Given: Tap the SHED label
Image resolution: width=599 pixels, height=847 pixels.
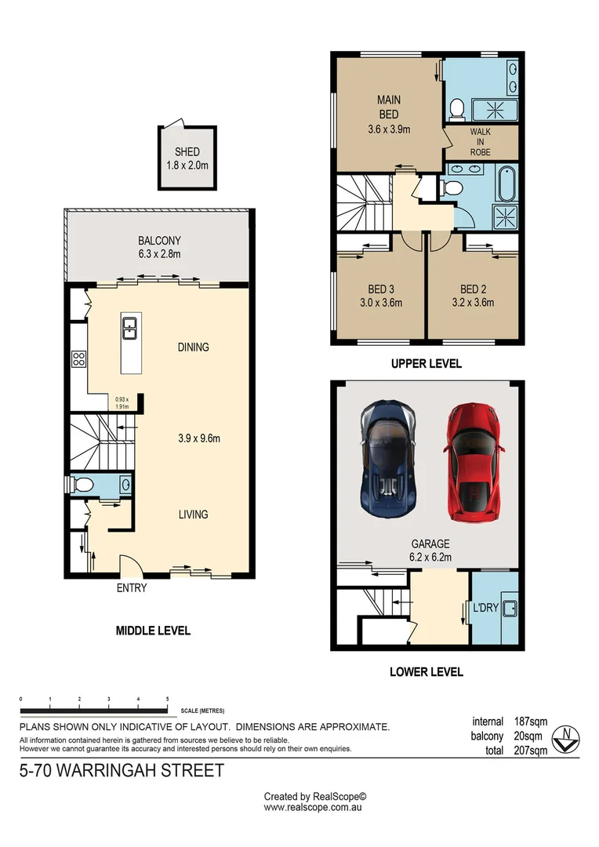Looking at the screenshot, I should click(187, 152).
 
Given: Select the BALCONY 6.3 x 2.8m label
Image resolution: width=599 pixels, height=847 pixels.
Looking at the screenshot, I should click(160, 248).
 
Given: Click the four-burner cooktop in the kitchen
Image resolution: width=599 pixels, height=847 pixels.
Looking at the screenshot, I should click(79, 359).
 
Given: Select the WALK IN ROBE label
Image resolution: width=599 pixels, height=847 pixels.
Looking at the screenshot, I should click(480, 142).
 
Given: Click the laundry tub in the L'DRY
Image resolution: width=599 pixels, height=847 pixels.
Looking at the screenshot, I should click(507, 607).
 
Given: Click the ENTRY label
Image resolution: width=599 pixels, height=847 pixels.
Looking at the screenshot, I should click(131, 588).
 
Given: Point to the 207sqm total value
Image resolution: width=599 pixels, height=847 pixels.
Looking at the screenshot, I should click(530, 751).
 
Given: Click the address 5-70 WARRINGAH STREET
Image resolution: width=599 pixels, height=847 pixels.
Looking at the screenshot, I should click(122, 770).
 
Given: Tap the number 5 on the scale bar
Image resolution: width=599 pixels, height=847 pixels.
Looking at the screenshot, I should click(167, 698).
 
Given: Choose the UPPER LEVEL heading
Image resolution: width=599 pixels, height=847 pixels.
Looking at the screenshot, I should click(427, 364).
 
